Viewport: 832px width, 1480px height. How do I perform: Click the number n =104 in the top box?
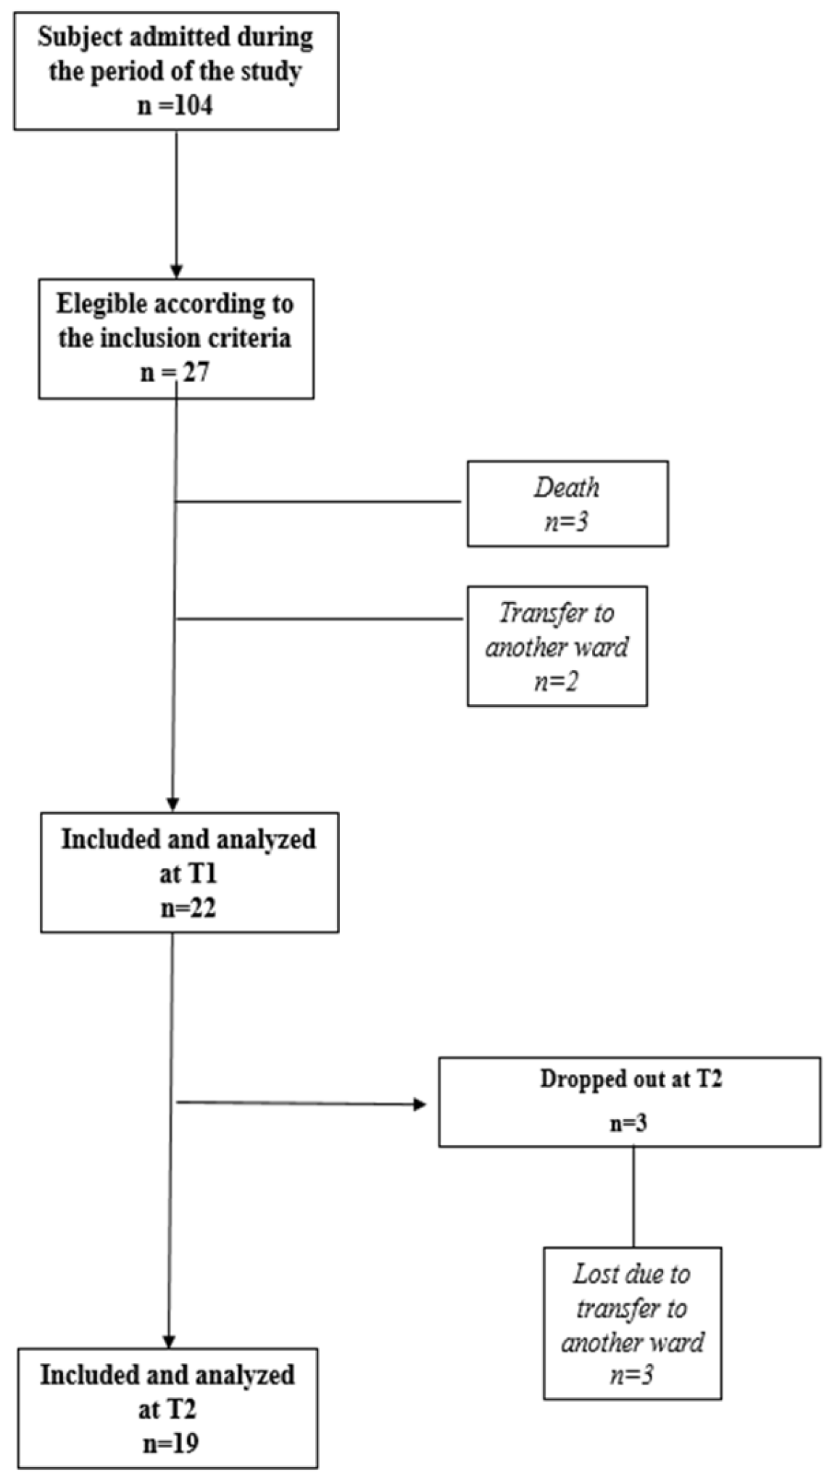[175, 106]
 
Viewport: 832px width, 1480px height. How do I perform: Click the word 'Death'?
[567, 487]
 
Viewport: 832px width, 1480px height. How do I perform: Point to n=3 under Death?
[567, 522]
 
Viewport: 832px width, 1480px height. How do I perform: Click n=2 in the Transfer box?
[556, 682]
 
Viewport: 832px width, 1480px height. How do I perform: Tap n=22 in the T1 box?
[188, 909]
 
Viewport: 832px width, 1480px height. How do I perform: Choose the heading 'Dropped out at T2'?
[631, 1079]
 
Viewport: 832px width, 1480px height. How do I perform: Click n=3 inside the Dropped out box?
[629, 1123]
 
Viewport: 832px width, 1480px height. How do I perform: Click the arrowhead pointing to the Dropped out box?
[420, 1104]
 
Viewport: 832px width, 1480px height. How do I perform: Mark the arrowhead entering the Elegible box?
[176, 272]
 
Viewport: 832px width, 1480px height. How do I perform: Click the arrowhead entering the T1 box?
[172, 805]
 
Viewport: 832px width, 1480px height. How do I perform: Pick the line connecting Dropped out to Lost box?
[633, 1196]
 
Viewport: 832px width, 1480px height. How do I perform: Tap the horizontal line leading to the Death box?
[319, 501]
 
